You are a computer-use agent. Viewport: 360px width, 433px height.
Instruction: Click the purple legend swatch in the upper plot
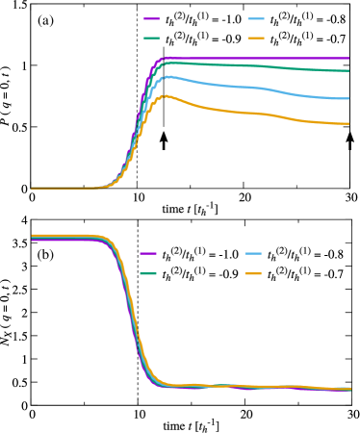[x=152, y=19]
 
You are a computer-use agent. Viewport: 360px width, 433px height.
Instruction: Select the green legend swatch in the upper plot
[x=152, y=38]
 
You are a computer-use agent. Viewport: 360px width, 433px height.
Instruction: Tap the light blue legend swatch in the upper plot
[x=256, y=19]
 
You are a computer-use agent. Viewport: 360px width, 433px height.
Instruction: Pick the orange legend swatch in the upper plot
[x=256, y=38]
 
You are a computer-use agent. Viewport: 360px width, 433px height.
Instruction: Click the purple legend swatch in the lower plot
[x=148, y=254]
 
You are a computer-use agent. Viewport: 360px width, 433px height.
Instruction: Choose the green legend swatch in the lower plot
[x=148, y=274]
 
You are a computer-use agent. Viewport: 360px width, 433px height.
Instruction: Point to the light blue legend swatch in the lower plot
[x=254, y=254]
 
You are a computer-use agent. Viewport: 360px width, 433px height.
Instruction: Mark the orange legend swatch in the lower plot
[x=254, y=274]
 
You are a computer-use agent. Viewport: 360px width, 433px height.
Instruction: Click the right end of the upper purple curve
[x=348, y=59]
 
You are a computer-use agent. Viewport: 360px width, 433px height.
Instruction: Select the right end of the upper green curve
[x=348, y=70]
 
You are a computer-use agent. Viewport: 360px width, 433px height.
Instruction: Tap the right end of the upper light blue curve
[x=348, y=98]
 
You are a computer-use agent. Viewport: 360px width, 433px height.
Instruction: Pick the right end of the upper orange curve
[x=348, y=123]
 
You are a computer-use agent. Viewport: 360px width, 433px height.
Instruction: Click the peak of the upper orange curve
[x=165, y=95]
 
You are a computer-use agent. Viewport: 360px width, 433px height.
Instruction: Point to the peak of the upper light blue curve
[x=167, y=76]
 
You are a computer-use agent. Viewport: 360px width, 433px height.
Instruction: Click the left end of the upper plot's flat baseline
[x=32, y=188]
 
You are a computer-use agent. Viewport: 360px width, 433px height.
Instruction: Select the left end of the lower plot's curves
[x=32, y=237]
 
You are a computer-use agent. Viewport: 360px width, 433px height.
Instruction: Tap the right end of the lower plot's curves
[x=350, y=389]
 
